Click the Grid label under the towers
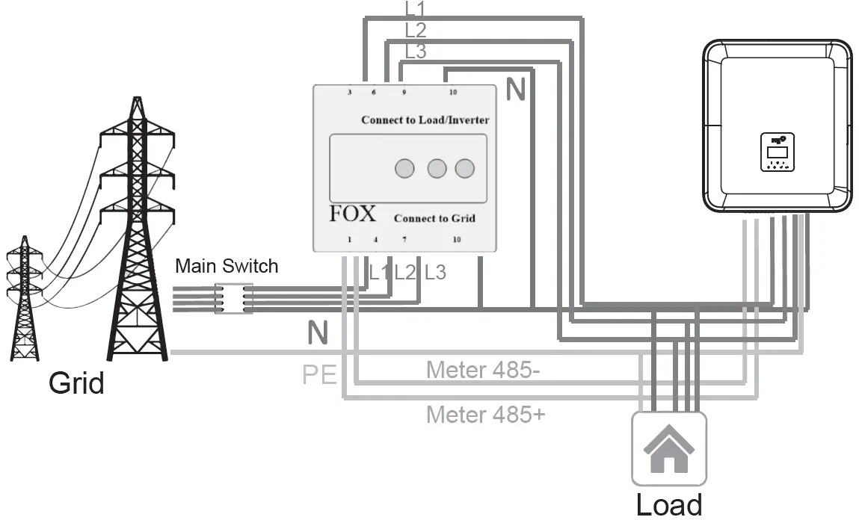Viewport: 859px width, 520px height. coord(76,383)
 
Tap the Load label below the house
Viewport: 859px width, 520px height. coord(669,504)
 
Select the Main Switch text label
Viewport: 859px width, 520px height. coord(227,266)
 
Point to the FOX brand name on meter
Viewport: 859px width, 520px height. coord(353,214)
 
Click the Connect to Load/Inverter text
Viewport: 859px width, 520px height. coord(425,120)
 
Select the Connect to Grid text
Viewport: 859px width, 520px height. coord(434,218)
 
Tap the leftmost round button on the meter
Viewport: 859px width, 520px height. coord(404,169)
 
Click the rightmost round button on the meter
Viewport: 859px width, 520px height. coord(465,169)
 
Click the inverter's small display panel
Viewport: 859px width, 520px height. coord(778,152)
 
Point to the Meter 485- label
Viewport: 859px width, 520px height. coord(483,369)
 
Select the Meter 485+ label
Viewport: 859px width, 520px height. coord(485,414)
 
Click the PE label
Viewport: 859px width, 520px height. coord(319,374)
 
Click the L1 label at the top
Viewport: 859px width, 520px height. coord(416,10)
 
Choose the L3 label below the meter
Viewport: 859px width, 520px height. coord(435,273)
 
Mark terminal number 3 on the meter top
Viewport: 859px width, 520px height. coord(350,93)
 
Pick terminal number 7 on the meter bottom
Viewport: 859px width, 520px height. coord(404,240)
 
